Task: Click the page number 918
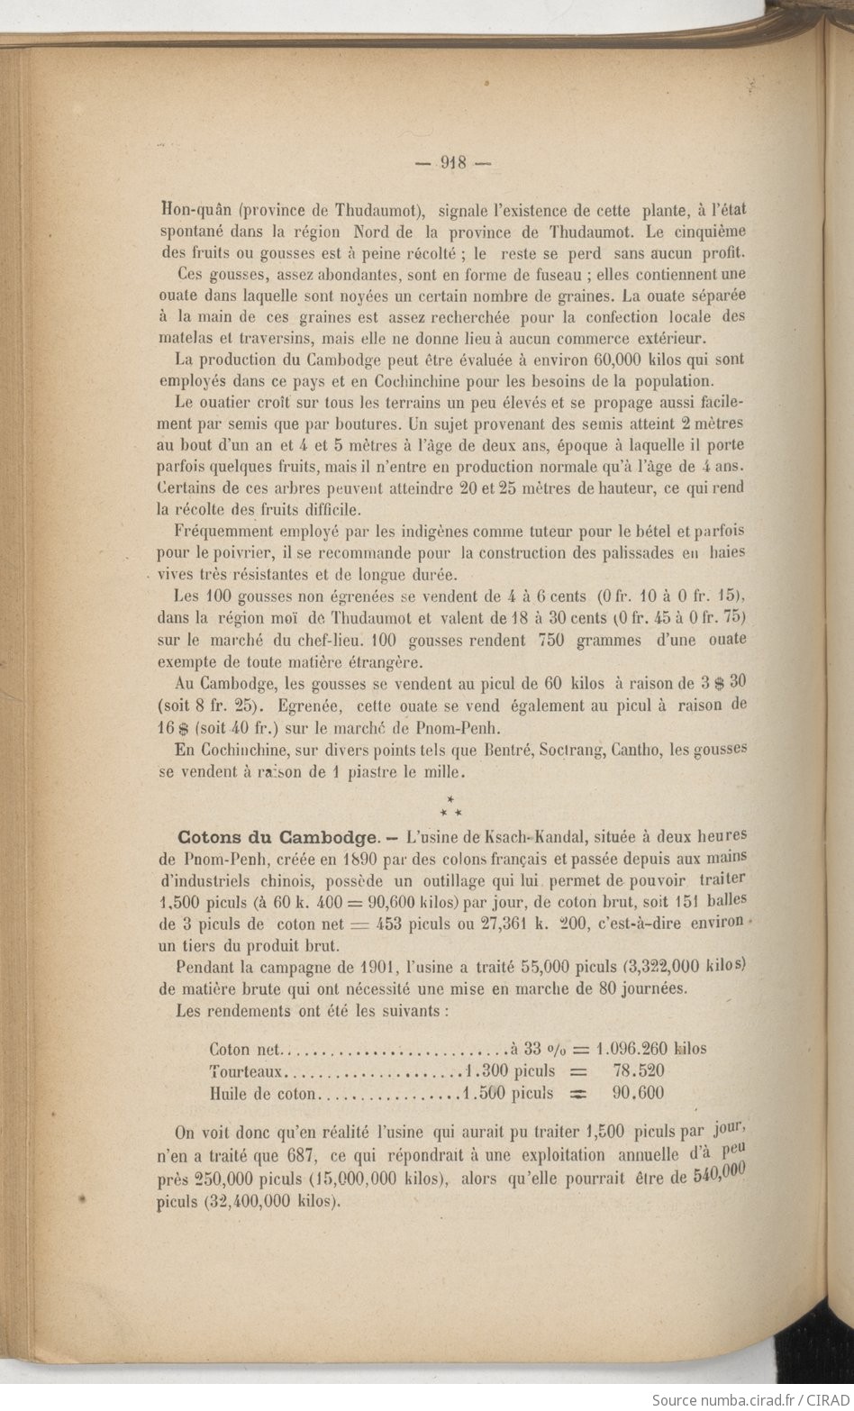452,163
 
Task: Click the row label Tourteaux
247,1071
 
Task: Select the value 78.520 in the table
638,1071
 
